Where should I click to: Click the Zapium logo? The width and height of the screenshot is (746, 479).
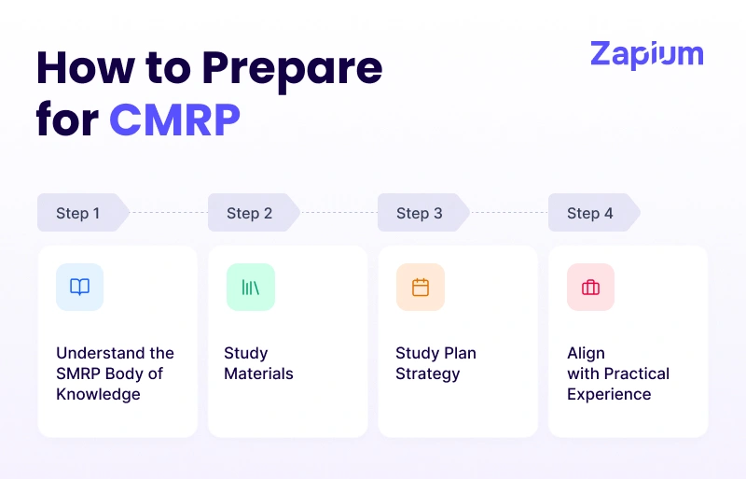tap(646, 54)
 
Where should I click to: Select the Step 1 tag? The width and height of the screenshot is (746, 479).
tap(78, 213)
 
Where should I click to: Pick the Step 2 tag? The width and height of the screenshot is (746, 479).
tap(249, 213)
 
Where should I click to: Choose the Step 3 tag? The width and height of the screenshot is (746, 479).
tap(420, 213)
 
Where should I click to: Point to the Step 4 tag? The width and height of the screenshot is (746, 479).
tap(590, 213)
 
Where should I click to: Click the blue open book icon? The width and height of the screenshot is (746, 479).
tap(80, 287)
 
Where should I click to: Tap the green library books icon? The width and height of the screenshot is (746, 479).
tap(250, 287)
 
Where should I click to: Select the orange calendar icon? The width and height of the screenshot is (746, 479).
tap(421, 287)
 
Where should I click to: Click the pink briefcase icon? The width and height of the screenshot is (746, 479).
tap(590, 287)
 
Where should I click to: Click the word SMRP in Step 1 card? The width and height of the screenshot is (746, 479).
tap(78, 373)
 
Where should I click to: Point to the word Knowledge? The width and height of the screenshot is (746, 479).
tap(98, 394)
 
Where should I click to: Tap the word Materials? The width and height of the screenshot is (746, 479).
tap(258, 373)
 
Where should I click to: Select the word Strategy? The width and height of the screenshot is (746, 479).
tap(427, 373)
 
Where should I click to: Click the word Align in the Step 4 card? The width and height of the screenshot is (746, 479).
tap(586, 353)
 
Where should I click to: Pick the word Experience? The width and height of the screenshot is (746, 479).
tap(609, 394)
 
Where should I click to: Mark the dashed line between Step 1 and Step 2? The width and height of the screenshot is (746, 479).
tap(168, 213)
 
